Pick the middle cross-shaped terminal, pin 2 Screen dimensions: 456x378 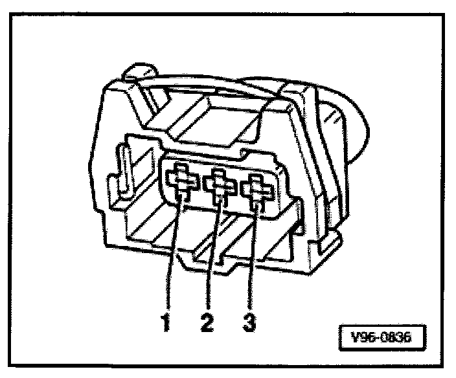[x=220, y=185]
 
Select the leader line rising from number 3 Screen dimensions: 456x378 [x=254, y=259]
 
